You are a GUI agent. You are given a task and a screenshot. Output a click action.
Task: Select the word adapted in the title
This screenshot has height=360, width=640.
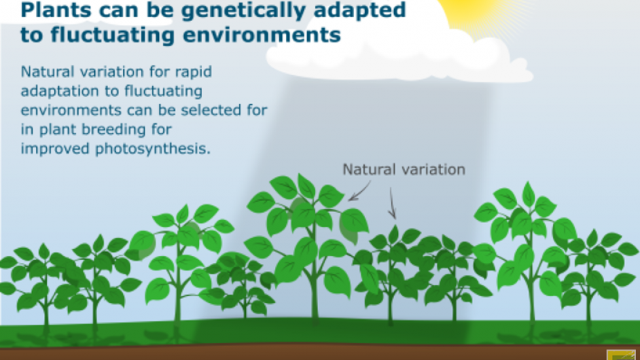point(361,11)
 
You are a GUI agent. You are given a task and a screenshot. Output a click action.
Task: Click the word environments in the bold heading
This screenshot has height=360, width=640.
point(262,35)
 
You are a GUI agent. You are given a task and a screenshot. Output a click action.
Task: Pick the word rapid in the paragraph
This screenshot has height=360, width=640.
point(194,72)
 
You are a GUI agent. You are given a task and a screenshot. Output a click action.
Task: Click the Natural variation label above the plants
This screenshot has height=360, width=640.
point(404,170)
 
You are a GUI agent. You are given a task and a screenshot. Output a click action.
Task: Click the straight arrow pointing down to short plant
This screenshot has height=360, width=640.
point(392,204)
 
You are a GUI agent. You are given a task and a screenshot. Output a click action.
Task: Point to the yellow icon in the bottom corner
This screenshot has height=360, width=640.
point(621,355)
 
